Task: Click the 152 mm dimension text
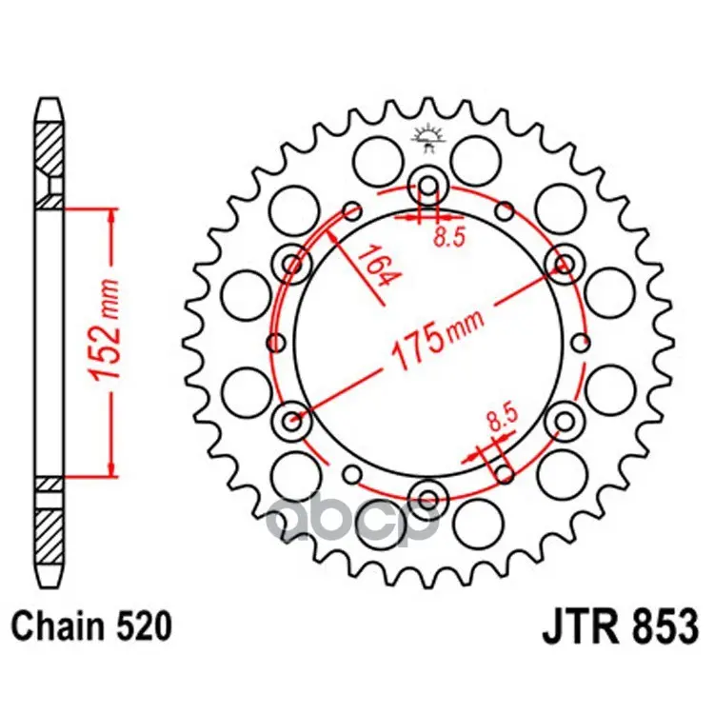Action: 106,328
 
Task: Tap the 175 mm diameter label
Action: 436,338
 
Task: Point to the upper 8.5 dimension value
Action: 449,237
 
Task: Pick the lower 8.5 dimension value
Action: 503,418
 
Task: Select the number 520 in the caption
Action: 145,626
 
